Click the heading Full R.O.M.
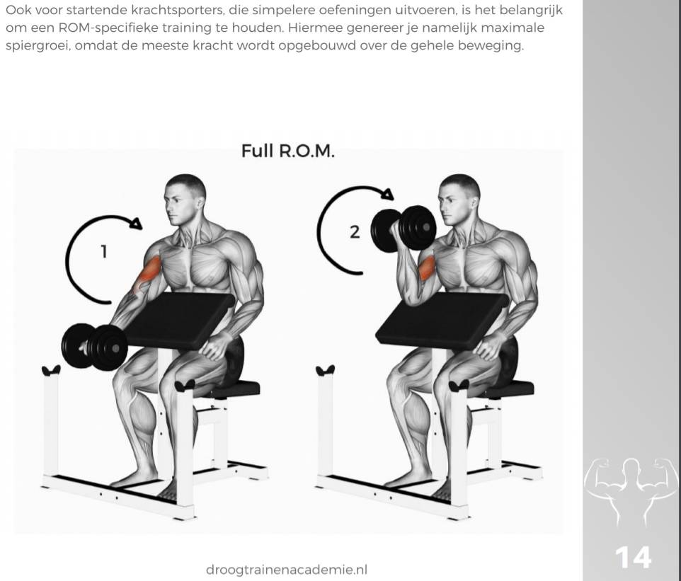pos(288,151)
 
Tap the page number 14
pos(634,558)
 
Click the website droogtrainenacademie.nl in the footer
pos(287,569)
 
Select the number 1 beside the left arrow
pos(104,251)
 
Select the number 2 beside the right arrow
pos(355,232)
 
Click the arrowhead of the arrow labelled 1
pos(137,223)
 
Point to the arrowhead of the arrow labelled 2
pos(387,194)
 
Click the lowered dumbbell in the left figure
pos(95,347)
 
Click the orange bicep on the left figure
pos(149,272)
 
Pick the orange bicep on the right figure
pos(426,268)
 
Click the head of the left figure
pos(184,200)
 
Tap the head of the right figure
pos(459,200)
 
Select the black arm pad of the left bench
pos(181,321)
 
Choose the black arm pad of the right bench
pos(442,321)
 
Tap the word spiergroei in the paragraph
pos(38,45)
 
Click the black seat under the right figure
pos(508,389)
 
